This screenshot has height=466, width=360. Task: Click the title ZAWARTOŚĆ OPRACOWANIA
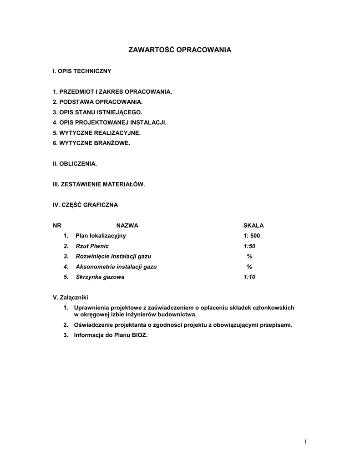tap(180, 50)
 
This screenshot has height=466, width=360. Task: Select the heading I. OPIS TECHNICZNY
tap(82, 71)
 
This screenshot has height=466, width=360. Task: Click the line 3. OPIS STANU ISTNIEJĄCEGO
tap(97, 112)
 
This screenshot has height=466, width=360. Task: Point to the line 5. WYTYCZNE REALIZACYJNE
tap(97, 133)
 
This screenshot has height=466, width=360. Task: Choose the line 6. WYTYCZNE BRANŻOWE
tap(91, 143)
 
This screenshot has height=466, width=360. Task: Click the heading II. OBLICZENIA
tap(75, 163)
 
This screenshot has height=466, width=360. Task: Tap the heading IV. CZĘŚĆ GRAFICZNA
tap(86, 205)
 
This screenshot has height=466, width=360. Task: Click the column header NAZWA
tap(127, 225)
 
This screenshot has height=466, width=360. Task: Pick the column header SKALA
tap(254, 225)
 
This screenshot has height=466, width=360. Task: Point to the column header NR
tap(57, 225)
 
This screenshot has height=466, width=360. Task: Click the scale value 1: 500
tap(252, 236)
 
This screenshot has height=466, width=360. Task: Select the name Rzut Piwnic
tap(92, 246)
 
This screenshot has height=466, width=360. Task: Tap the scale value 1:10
tap(249, 277)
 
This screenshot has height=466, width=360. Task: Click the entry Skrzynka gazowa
tap(100, 277)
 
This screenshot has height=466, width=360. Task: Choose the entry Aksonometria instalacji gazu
tap(116, 267)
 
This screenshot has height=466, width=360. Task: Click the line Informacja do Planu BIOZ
tap(111, 335)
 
